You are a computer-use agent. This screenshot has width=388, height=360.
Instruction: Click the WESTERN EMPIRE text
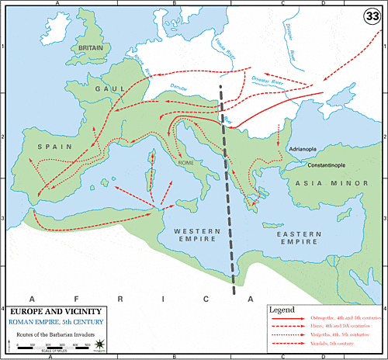point(197,236)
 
